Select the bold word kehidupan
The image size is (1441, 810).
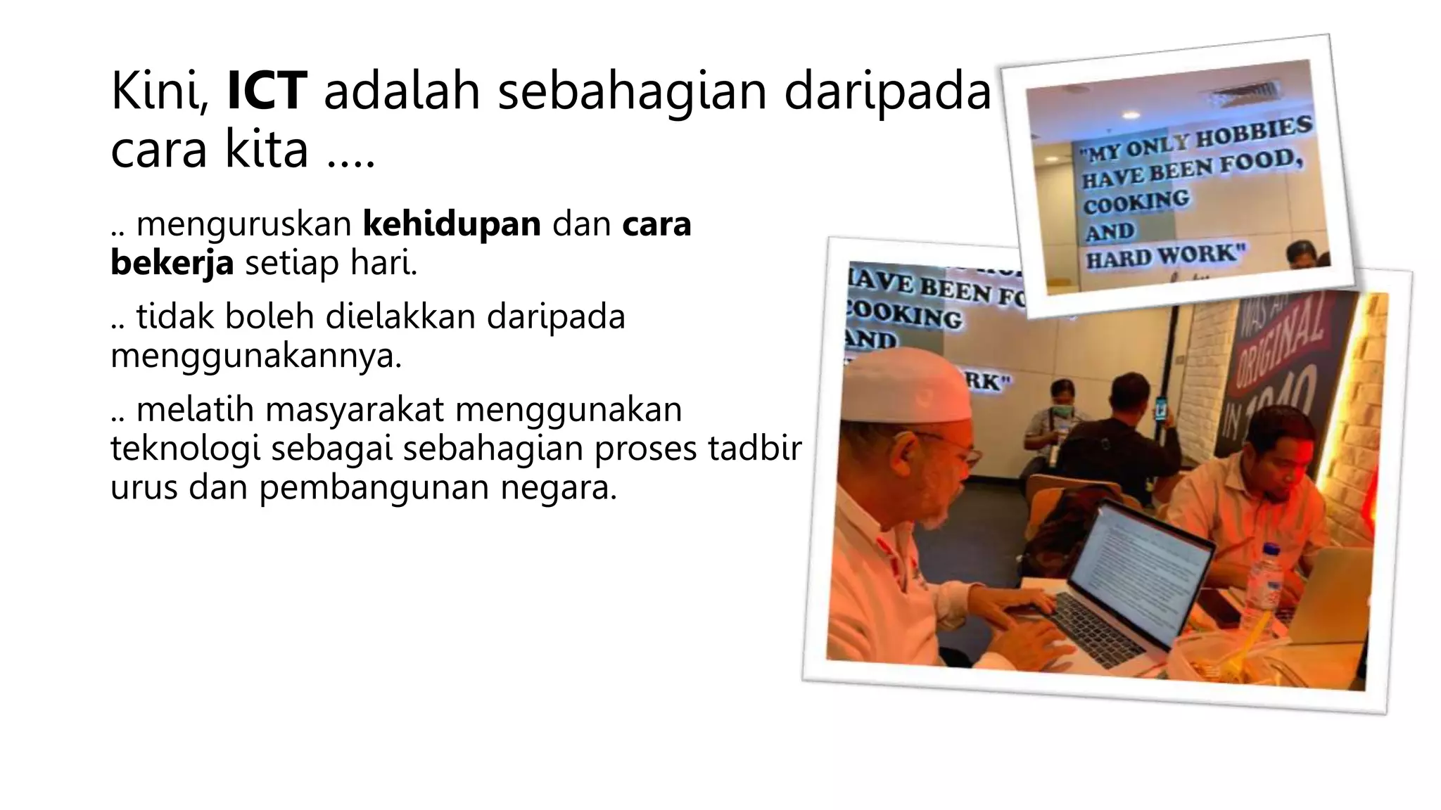(x=452, y=224)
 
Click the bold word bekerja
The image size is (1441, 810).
(x=172, y=263)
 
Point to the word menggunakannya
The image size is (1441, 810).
(x=256, y=356)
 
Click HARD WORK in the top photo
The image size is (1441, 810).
(x=1165, y=257)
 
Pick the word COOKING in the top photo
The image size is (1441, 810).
(x=1136, y=202)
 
